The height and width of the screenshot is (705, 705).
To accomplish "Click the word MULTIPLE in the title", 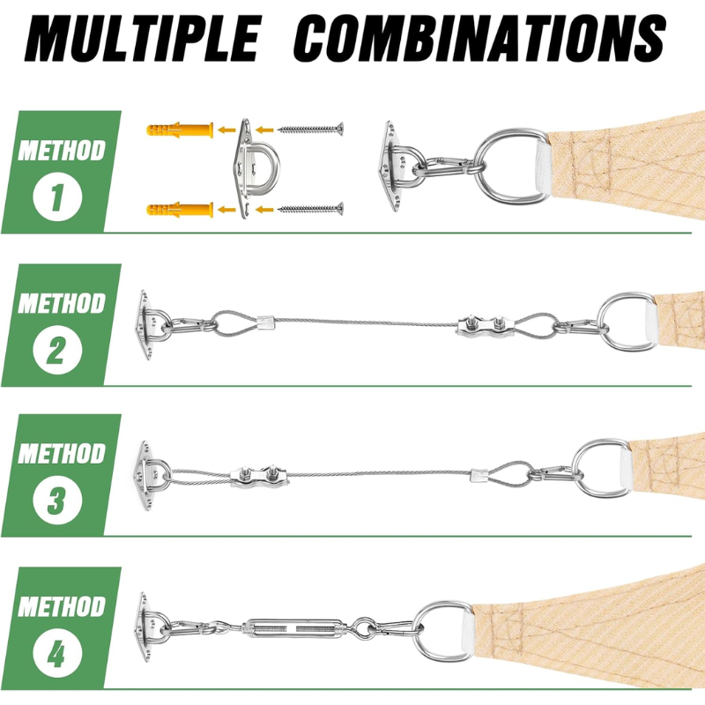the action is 143,38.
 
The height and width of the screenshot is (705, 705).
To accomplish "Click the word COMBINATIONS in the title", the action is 479,38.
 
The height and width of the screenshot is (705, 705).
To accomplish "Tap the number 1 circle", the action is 57,197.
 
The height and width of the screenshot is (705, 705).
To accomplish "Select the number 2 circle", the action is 57,350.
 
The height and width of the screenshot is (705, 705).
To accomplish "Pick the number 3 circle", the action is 57,500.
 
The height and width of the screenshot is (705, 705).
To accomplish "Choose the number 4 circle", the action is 57,653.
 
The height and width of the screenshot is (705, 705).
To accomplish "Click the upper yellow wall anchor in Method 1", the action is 180,130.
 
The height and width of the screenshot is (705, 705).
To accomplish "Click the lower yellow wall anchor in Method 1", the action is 180,209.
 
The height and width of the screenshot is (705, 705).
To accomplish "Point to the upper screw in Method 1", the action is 311,130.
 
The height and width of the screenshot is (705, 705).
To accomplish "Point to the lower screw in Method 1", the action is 311,209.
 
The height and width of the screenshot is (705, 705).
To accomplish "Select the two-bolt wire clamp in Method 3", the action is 259,476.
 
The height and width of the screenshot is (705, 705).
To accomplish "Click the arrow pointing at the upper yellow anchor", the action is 226,130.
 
